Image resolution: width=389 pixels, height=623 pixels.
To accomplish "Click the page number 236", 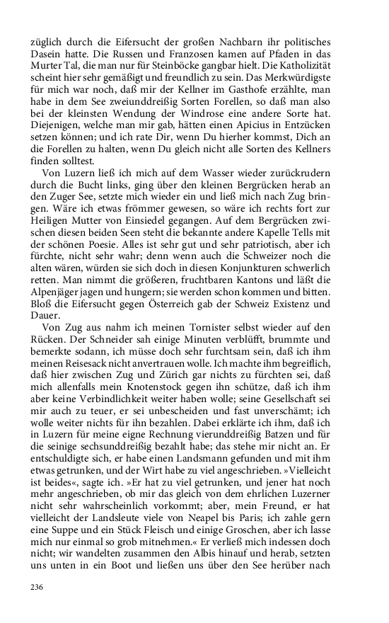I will pyautogui.click(x=37, y=588).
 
